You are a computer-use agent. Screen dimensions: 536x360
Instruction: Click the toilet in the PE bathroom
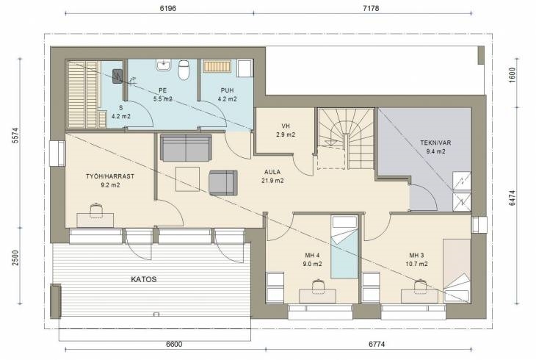(x=184, y=70)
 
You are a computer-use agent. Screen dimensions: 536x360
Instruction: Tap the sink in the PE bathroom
(x=164, y=65)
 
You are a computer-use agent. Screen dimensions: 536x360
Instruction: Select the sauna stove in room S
(x=117, y=76)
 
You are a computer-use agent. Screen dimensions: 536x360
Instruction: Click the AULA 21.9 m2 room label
(x=272, y=176)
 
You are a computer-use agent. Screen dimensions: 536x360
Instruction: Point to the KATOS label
(x=144, y=279)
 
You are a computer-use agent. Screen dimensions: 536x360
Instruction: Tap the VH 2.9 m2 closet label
(x=286, y=130)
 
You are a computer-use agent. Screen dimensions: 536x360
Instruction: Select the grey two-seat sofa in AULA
(x=186, y=148)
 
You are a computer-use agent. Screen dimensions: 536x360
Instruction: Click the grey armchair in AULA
(x=223, y=183)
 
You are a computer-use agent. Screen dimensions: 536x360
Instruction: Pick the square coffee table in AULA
(x=187, y=179)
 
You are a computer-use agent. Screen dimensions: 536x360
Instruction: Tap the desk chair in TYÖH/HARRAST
(x=96, y=210)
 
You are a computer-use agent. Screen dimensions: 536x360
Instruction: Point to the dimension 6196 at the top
(x=168, y=8)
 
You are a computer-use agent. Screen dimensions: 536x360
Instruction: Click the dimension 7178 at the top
(x=371, y=8)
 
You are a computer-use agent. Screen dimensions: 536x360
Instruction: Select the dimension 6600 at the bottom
(x=174, y=344)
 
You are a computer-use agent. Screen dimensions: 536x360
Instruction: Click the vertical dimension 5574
(x=15, y=135)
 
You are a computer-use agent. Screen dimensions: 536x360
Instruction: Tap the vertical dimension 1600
(x=512, y=74)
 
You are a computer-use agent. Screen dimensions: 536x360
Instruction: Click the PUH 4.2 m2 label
(x=228, y=95)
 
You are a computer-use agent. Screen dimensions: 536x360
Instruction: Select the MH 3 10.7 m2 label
(x=417, y=260)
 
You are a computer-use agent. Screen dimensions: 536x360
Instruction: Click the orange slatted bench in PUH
(x=217, y=66)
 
